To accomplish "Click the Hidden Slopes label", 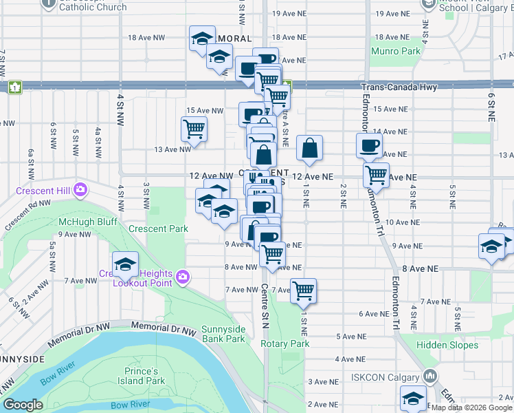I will (448, 345).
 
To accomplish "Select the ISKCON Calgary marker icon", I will (430, 377).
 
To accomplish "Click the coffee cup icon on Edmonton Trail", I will (369, 146).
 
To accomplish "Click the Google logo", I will (23, 405).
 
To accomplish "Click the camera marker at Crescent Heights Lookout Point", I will (182, 277).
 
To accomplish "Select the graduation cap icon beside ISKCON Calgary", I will (413, 399).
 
